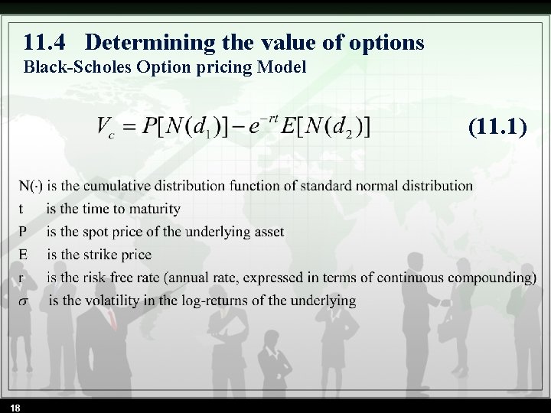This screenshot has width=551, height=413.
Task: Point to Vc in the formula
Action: [107, 128]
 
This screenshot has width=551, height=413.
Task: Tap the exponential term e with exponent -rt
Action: [256, 124]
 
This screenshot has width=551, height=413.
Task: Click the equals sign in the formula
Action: [132, 127]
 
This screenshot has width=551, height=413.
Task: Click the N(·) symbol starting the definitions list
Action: [31, 185]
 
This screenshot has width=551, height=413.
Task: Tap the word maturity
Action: [155, 209]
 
